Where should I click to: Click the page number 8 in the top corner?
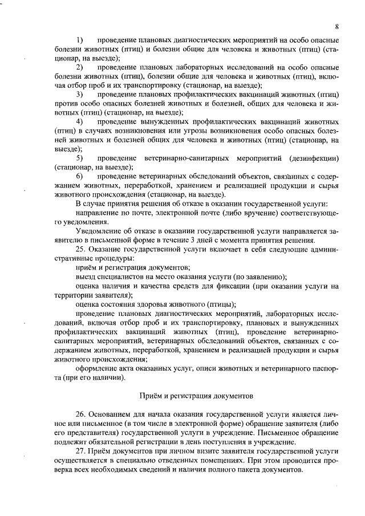click(337, 26)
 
